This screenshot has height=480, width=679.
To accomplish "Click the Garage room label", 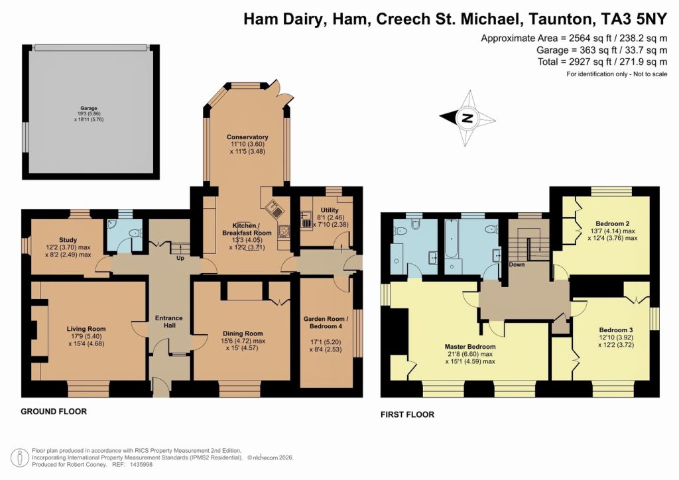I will click(x=89, y=108).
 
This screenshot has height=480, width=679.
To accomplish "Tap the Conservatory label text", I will click(x=247, y=137).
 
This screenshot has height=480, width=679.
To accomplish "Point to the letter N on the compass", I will click(x=467, y=119).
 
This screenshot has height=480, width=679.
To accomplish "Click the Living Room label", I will click(x=86, y=328).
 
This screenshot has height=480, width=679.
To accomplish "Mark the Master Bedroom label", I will click(x=469, y=347).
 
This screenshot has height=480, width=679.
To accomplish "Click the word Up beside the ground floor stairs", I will click(x=179, y=258).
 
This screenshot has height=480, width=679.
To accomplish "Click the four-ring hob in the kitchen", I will click(x=284, y=232).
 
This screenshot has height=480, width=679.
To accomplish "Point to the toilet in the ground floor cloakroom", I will click(x=135, y=233).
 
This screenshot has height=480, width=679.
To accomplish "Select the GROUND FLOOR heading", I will click(x=54, y=412).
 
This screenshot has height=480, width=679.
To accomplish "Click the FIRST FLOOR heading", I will click(x=407, y=415).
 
